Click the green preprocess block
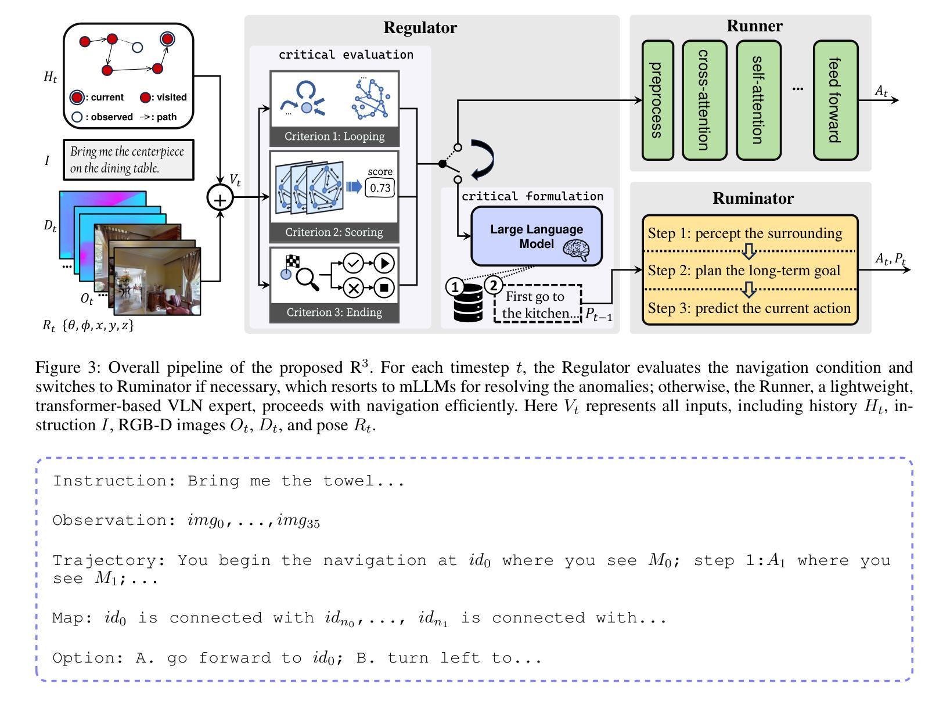tap(657, 100)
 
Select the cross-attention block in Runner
tap(704, 100)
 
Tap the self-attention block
tap(758, 100)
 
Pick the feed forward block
tap(835, 100)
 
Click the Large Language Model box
tap(536, 236)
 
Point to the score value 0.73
tap(380, 188)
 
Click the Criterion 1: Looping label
tap(334, 136)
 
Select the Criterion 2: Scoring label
tap(334, 232)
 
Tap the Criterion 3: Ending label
tap(334, 312)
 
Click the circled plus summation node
tap(220, 198)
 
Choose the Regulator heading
tap(420, 28)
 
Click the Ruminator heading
tap(753, 199)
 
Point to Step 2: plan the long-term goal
tap(744, 271)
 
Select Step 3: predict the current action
tap(749, 308)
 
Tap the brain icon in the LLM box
tap(576, 250)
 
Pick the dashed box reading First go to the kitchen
tap(537, 304)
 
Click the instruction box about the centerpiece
tap(128, 160)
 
